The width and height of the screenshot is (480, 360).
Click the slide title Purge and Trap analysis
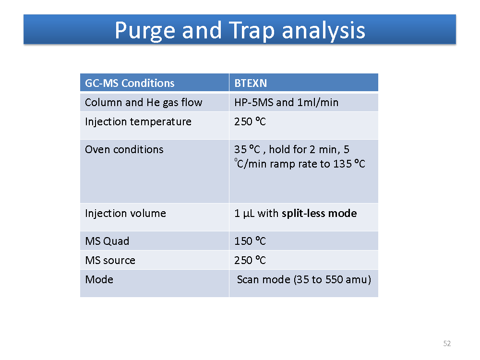coord(240,31)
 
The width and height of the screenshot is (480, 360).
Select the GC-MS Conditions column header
coord(130,83)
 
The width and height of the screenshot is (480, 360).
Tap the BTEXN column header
coord(251,83)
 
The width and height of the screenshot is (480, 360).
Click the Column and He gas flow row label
coord(144,103)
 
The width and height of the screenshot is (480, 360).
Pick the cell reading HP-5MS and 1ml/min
coord(287,102)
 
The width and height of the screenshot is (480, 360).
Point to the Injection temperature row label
coord(138,122)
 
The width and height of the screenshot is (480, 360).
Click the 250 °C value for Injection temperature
coord(250,121)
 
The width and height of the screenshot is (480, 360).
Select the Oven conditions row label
coord(124,149)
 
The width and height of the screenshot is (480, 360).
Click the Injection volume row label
coord(125,213)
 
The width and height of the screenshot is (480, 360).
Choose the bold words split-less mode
coord(319,214)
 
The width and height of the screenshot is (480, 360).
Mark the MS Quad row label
coord(107,241)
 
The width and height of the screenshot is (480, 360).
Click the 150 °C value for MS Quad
coord(250,241)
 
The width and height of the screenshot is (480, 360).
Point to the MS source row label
coord(110,261)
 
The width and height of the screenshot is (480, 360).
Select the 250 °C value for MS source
coord(250,260)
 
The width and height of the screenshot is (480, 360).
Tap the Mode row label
coord(99,279)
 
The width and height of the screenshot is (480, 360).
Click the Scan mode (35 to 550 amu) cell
coord(304,280)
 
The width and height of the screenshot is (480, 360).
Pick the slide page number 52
coord(447,344)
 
